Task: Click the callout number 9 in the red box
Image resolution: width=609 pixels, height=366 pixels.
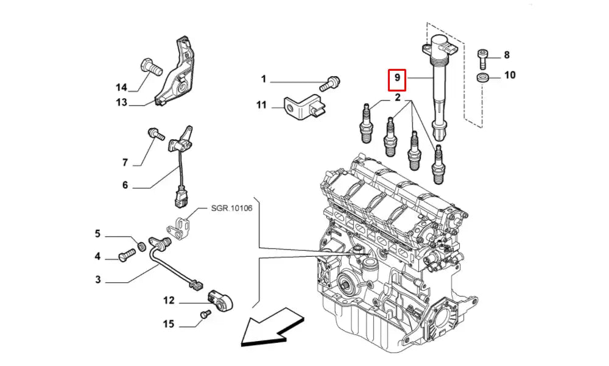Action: click(397, 77)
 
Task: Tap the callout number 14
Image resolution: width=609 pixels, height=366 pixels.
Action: click(122, 87)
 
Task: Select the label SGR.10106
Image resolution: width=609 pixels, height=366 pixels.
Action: click(231, 209)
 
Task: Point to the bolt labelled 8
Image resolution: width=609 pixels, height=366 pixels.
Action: click(482, 57)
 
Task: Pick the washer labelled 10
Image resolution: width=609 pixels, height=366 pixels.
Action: click(482, 77)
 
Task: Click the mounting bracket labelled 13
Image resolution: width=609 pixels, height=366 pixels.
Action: click(177, 76)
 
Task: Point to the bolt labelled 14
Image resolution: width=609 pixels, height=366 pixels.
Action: click(150, 66)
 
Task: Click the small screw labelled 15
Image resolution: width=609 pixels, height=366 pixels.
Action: click(205, 314)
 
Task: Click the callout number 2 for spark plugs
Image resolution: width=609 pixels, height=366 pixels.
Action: click(397, 98)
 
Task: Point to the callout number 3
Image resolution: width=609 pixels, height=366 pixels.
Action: click(97, 280)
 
